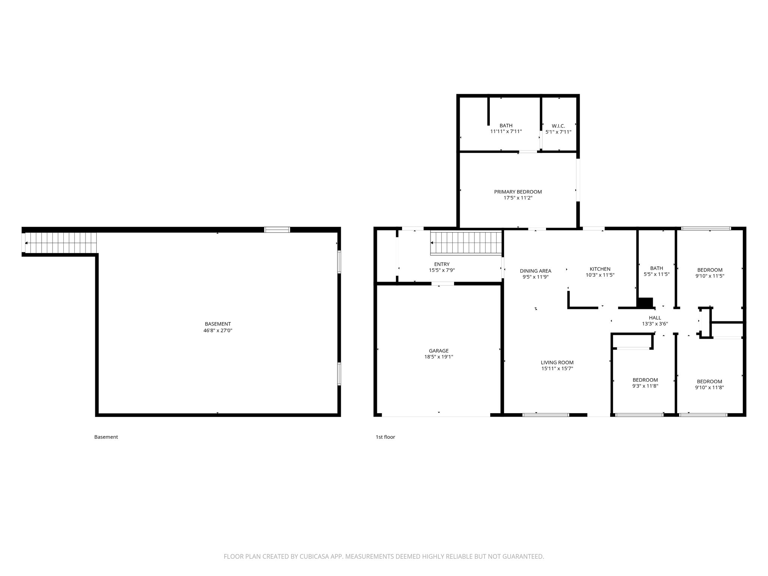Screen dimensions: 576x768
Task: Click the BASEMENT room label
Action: (217, 324)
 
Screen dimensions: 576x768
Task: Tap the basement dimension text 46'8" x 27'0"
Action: (217, 331)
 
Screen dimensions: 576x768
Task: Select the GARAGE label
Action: (438, 351)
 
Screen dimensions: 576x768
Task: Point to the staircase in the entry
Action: (465, 243)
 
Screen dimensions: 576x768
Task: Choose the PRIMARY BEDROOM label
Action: (517, 192)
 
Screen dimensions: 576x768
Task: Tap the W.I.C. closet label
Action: (558, 126)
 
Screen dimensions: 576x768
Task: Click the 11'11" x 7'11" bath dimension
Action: (506, 132)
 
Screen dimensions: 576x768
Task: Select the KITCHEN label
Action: (600, 269)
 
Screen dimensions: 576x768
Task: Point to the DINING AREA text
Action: (535, 271)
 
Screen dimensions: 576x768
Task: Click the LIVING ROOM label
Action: (557, 363)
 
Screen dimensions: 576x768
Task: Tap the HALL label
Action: (655, 318)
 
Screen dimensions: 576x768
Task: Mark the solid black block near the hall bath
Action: (645, 303)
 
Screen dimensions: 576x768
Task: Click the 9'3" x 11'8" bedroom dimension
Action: (645, 386)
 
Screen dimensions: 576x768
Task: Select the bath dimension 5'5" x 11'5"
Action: (656, 274)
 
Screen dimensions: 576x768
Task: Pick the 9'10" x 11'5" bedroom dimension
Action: (709, 276)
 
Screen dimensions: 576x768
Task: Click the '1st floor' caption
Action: (385, 437)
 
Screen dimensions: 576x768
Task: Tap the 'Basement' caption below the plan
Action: (106, 437)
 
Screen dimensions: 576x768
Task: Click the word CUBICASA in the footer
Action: (312, 556)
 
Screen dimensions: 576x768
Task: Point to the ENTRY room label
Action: (442, 264)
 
